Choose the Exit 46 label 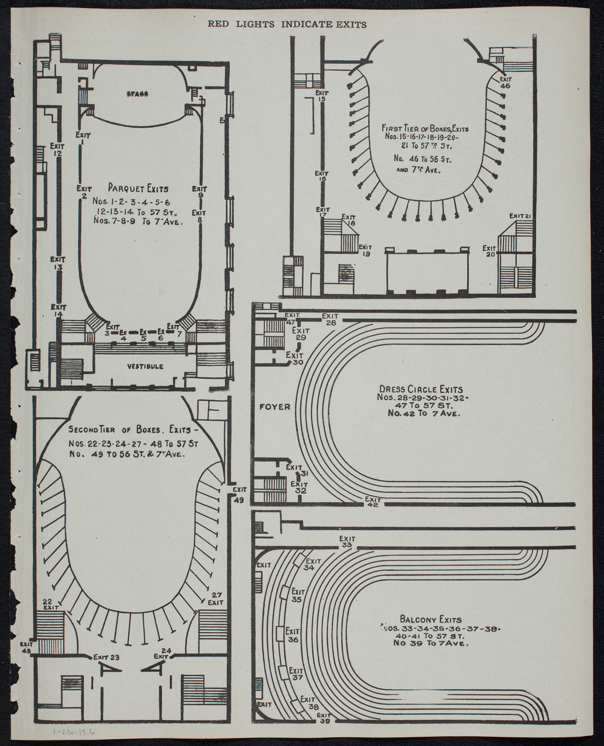(x=505, y=82)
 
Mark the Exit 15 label (x=321, y=96)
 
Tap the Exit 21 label (x=521, y=215)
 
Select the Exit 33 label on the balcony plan (x=347, y=542)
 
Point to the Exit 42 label (x=372, y=502)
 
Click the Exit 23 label (x=107, y=657)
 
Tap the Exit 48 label (x=26, y=646)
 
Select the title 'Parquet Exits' (x=138, y=188)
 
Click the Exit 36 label (x=293, y=636)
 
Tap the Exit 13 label (x=58, y=263)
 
